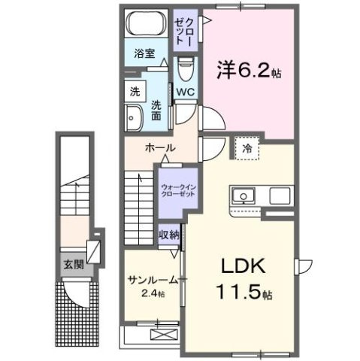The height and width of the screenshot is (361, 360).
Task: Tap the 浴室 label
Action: point(144,53)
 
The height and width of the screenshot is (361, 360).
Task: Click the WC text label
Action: point(186,93)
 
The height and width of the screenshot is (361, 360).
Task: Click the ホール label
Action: point(160,147)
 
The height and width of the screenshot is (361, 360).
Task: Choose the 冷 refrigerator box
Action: point(247,149)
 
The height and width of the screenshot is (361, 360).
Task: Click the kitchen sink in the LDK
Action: point(244,196)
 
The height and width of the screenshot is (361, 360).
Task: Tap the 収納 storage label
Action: point(169,235)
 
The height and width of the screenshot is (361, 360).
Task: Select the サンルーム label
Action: point(153,278)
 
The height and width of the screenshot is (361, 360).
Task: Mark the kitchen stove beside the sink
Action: point(280,196)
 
